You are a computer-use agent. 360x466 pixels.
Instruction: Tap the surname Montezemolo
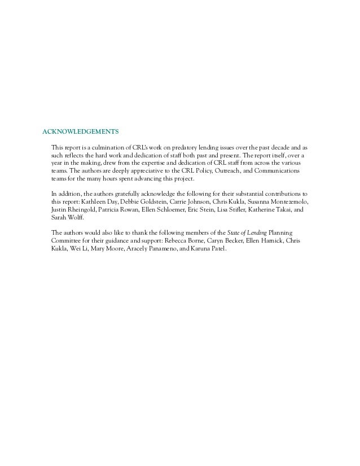coord(289,201)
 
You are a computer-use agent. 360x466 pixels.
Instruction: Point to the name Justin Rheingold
coord(67,209)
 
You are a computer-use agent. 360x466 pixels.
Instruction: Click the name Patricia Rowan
coord(112,209)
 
